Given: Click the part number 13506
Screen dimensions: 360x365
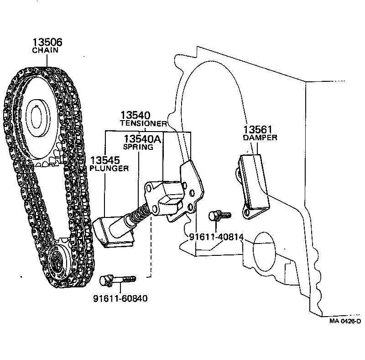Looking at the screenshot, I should [x=47, y=42].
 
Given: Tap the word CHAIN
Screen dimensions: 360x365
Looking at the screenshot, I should [x=45, y=51].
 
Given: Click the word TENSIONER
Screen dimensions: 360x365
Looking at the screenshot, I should [x=143, y=124].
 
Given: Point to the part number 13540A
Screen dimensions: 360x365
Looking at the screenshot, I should [x=143, y=138].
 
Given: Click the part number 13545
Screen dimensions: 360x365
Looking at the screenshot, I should [x=104, y=160].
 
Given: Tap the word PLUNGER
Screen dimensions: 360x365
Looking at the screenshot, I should [x=109, y=168].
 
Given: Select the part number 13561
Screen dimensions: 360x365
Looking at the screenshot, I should [x=258, y=129].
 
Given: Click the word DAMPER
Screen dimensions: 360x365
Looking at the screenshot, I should [x=260, y=138].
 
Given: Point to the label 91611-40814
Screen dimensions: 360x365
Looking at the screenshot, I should [x=216, y=237].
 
